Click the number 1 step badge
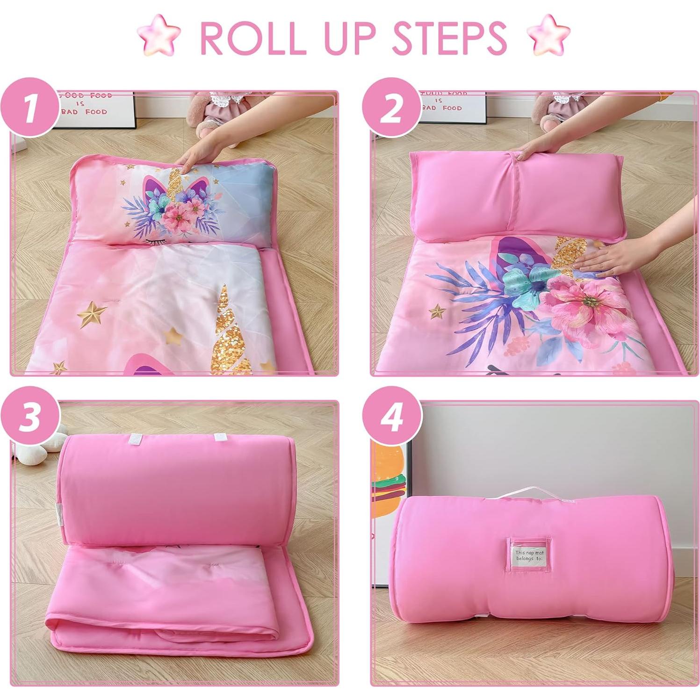(x=30, y=108)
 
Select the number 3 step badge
(x=30, y=416)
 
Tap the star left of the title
(x=159, y=35)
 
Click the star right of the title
(x=548, y=35)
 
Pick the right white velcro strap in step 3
(x=220, y=438)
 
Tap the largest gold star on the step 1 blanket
(x=92, y=313)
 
